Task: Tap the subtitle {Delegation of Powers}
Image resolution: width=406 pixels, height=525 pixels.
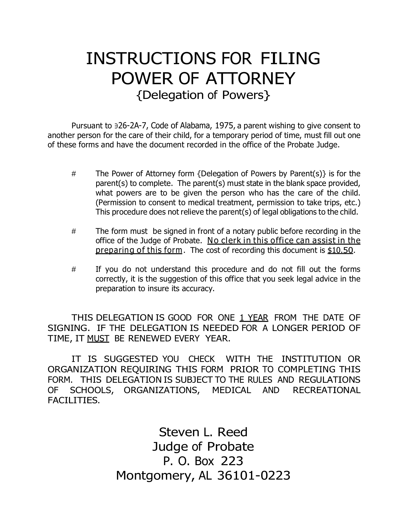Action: (x=203, y=95)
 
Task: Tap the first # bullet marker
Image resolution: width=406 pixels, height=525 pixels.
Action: (x=74, y=174)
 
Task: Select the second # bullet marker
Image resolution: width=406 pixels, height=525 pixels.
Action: (x=74, y=231)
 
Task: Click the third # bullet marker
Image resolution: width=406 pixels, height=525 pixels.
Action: (x=74, y=269)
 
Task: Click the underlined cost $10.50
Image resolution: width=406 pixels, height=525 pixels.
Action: (x=340, y=250)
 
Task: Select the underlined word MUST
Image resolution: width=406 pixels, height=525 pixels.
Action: (x=98, y=339)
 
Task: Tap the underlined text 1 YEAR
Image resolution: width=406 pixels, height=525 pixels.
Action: (x=254, y=318)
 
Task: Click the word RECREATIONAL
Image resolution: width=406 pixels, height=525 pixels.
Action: (x=327, y=390)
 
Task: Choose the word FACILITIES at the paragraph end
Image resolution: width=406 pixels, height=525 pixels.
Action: (x=74, y=400)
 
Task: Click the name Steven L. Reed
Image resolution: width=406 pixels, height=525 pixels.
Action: (x=203, y=432)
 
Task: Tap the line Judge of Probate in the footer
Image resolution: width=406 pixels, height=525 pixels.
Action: (x=203, y=447)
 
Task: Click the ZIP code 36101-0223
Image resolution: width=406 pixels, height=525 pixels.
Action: (x=254, y=476)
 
